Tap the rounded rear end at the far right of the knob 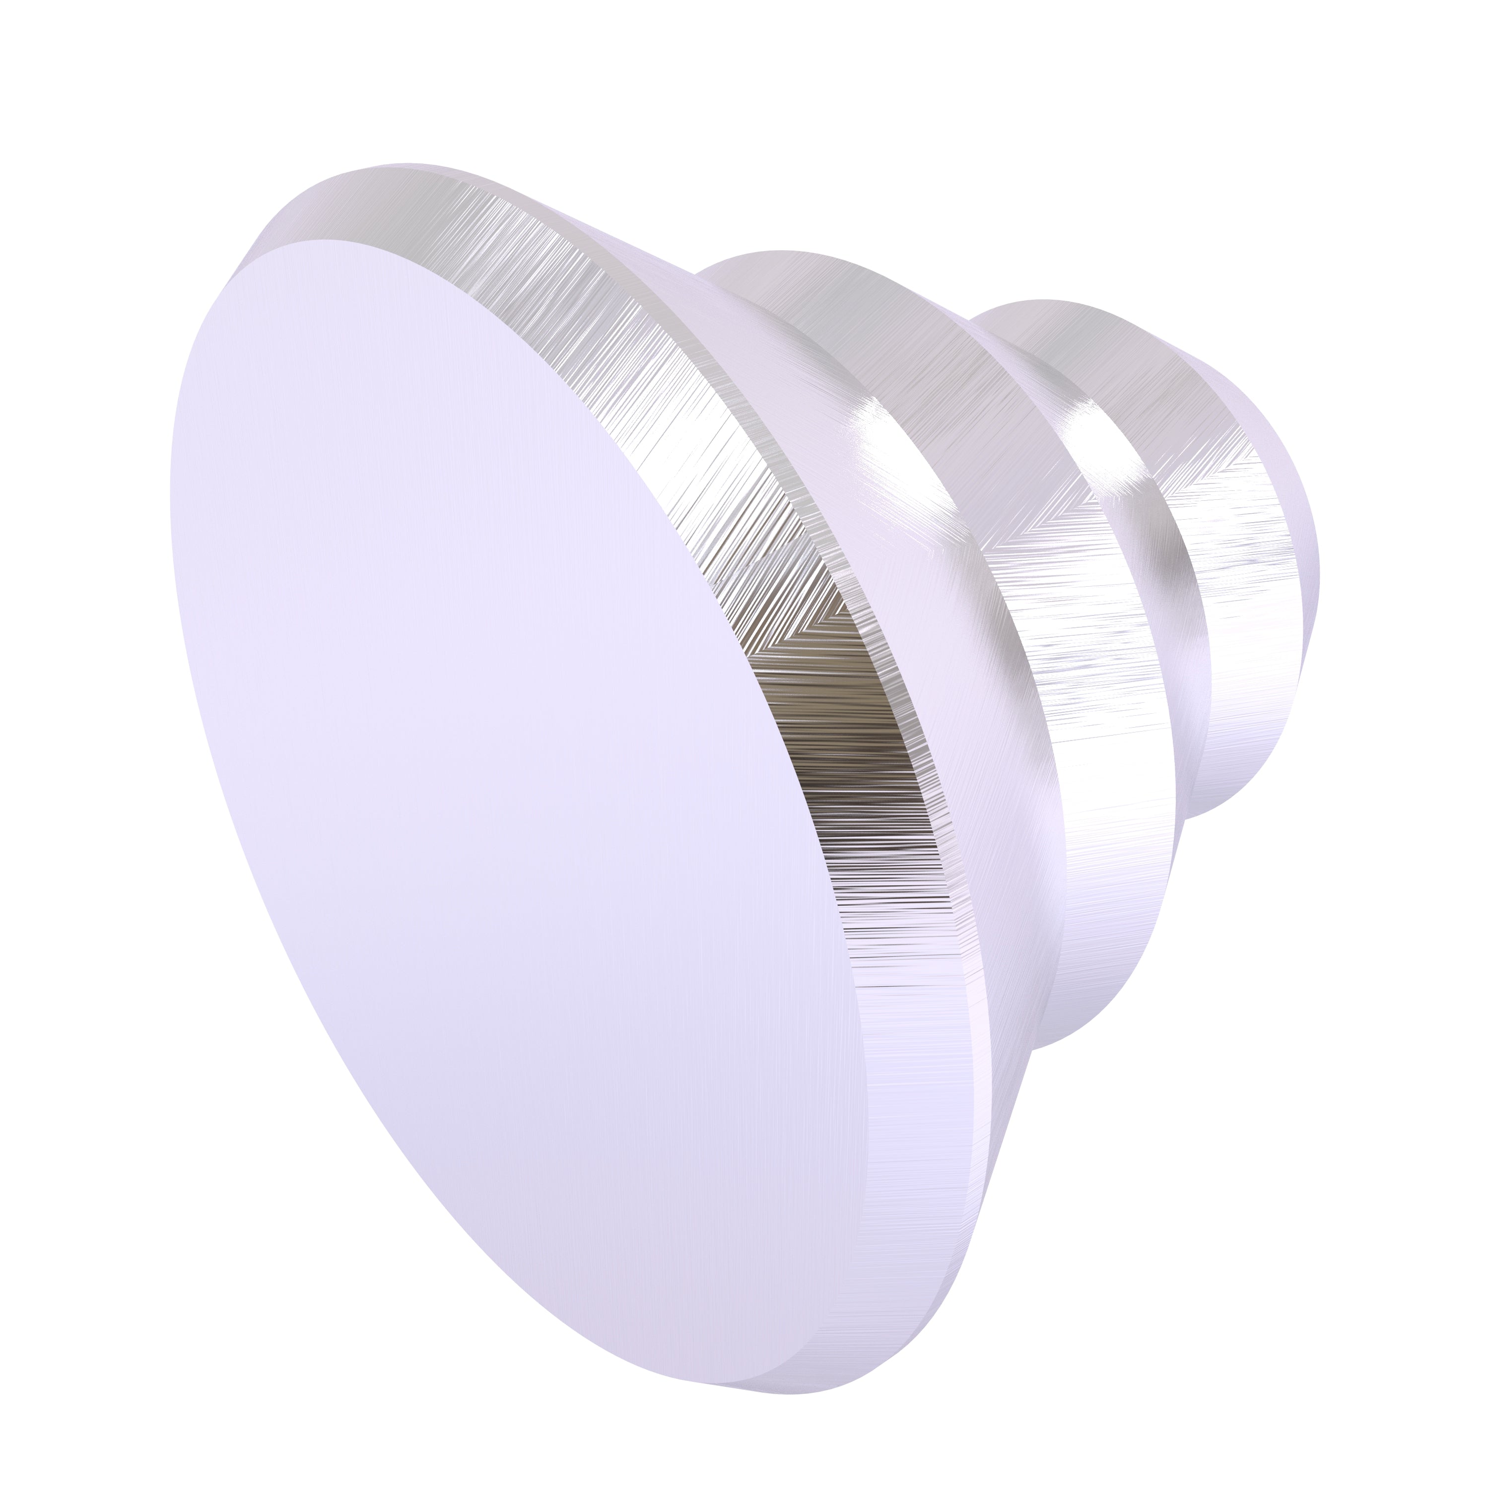click(1302, 586)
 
